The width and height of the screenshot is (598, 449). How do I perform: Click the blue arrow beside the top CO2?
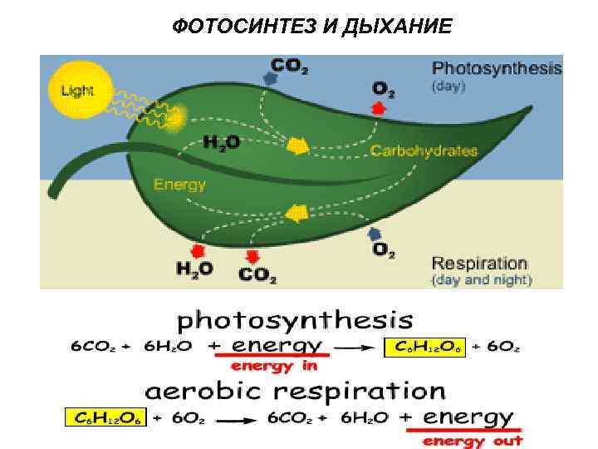pyautogui.click(x=269, y=77)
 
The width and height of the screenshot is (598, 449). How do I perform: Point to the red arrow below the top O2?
pyautogui.click(x=378, y=106)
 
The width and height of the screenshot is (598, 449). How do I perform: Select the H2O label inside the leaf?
pyautogui.click(x=222, y=142)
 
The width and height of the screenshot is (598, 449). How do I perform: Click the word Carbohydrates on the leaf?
pyautogui.click(x=424, y=150)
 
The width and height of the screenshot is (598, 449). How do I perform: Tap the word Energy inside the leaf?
pyautogui.click(x=179, y=184)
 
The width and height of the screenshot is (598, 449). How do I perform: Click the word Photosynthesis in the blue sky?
pyautogui.click(x=497, y=68)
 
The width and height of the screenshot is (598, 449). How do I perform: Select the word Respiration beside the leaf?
pyautogui.click(x=479, y=264)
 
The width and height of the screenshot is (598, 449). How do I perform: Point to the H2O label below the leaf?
pyautogui.click(x=194, y=269)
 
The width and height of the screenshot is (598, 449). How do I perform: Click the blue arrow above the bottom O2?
pyautogui.click(x=375, y=234)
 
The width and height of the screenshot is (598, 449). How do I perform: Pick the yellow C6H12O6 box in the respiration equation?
pyautogui.click(x=105, y=417)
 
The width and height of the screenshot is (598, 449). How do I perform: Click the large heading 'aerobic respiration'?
pyautogui.click(x=296, y=390)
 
